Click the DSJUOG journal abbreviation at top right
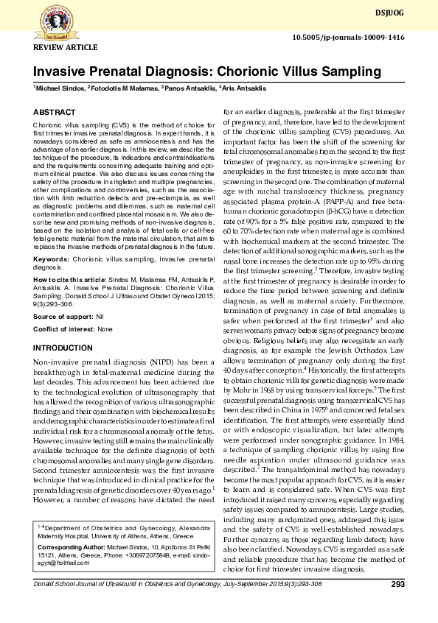410,13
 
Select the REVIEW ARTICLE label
66,47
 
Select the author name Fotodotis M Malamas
123,88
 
